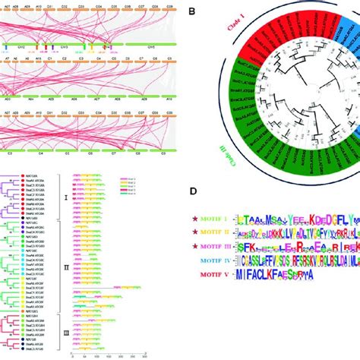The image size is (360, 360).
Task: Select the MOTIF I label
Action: coord(216,221)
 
